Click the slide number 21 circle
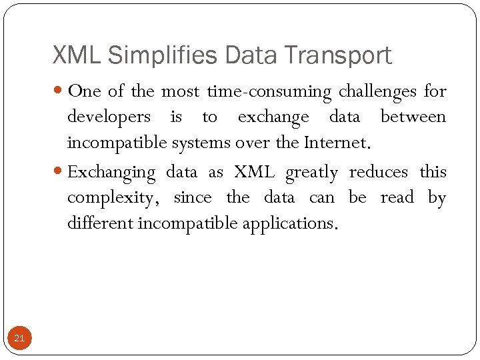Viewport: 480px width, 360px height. (x=19, y=338)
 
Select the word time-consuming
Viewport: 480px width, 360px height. (x=269, y=91)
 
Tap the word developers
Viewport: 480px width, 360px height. (x=109, y=117)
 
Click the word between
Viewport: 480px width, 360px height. (x=413, y=117)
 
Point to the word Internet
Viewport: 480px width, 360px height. (x=335, y=143)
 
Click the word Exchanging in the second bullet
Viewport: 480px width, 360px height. (x=111, y=172)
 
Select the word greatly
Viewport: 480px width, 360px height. (x=311, y=172)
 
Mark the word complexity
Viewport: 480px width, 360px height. (x=113, y=198)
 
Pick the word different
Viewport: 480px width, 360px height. (x=100, y=223)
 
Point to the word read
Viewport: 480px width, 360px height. (x=397, y=198)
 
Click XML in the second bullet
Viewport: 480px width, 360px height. (x=254, y=172)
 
